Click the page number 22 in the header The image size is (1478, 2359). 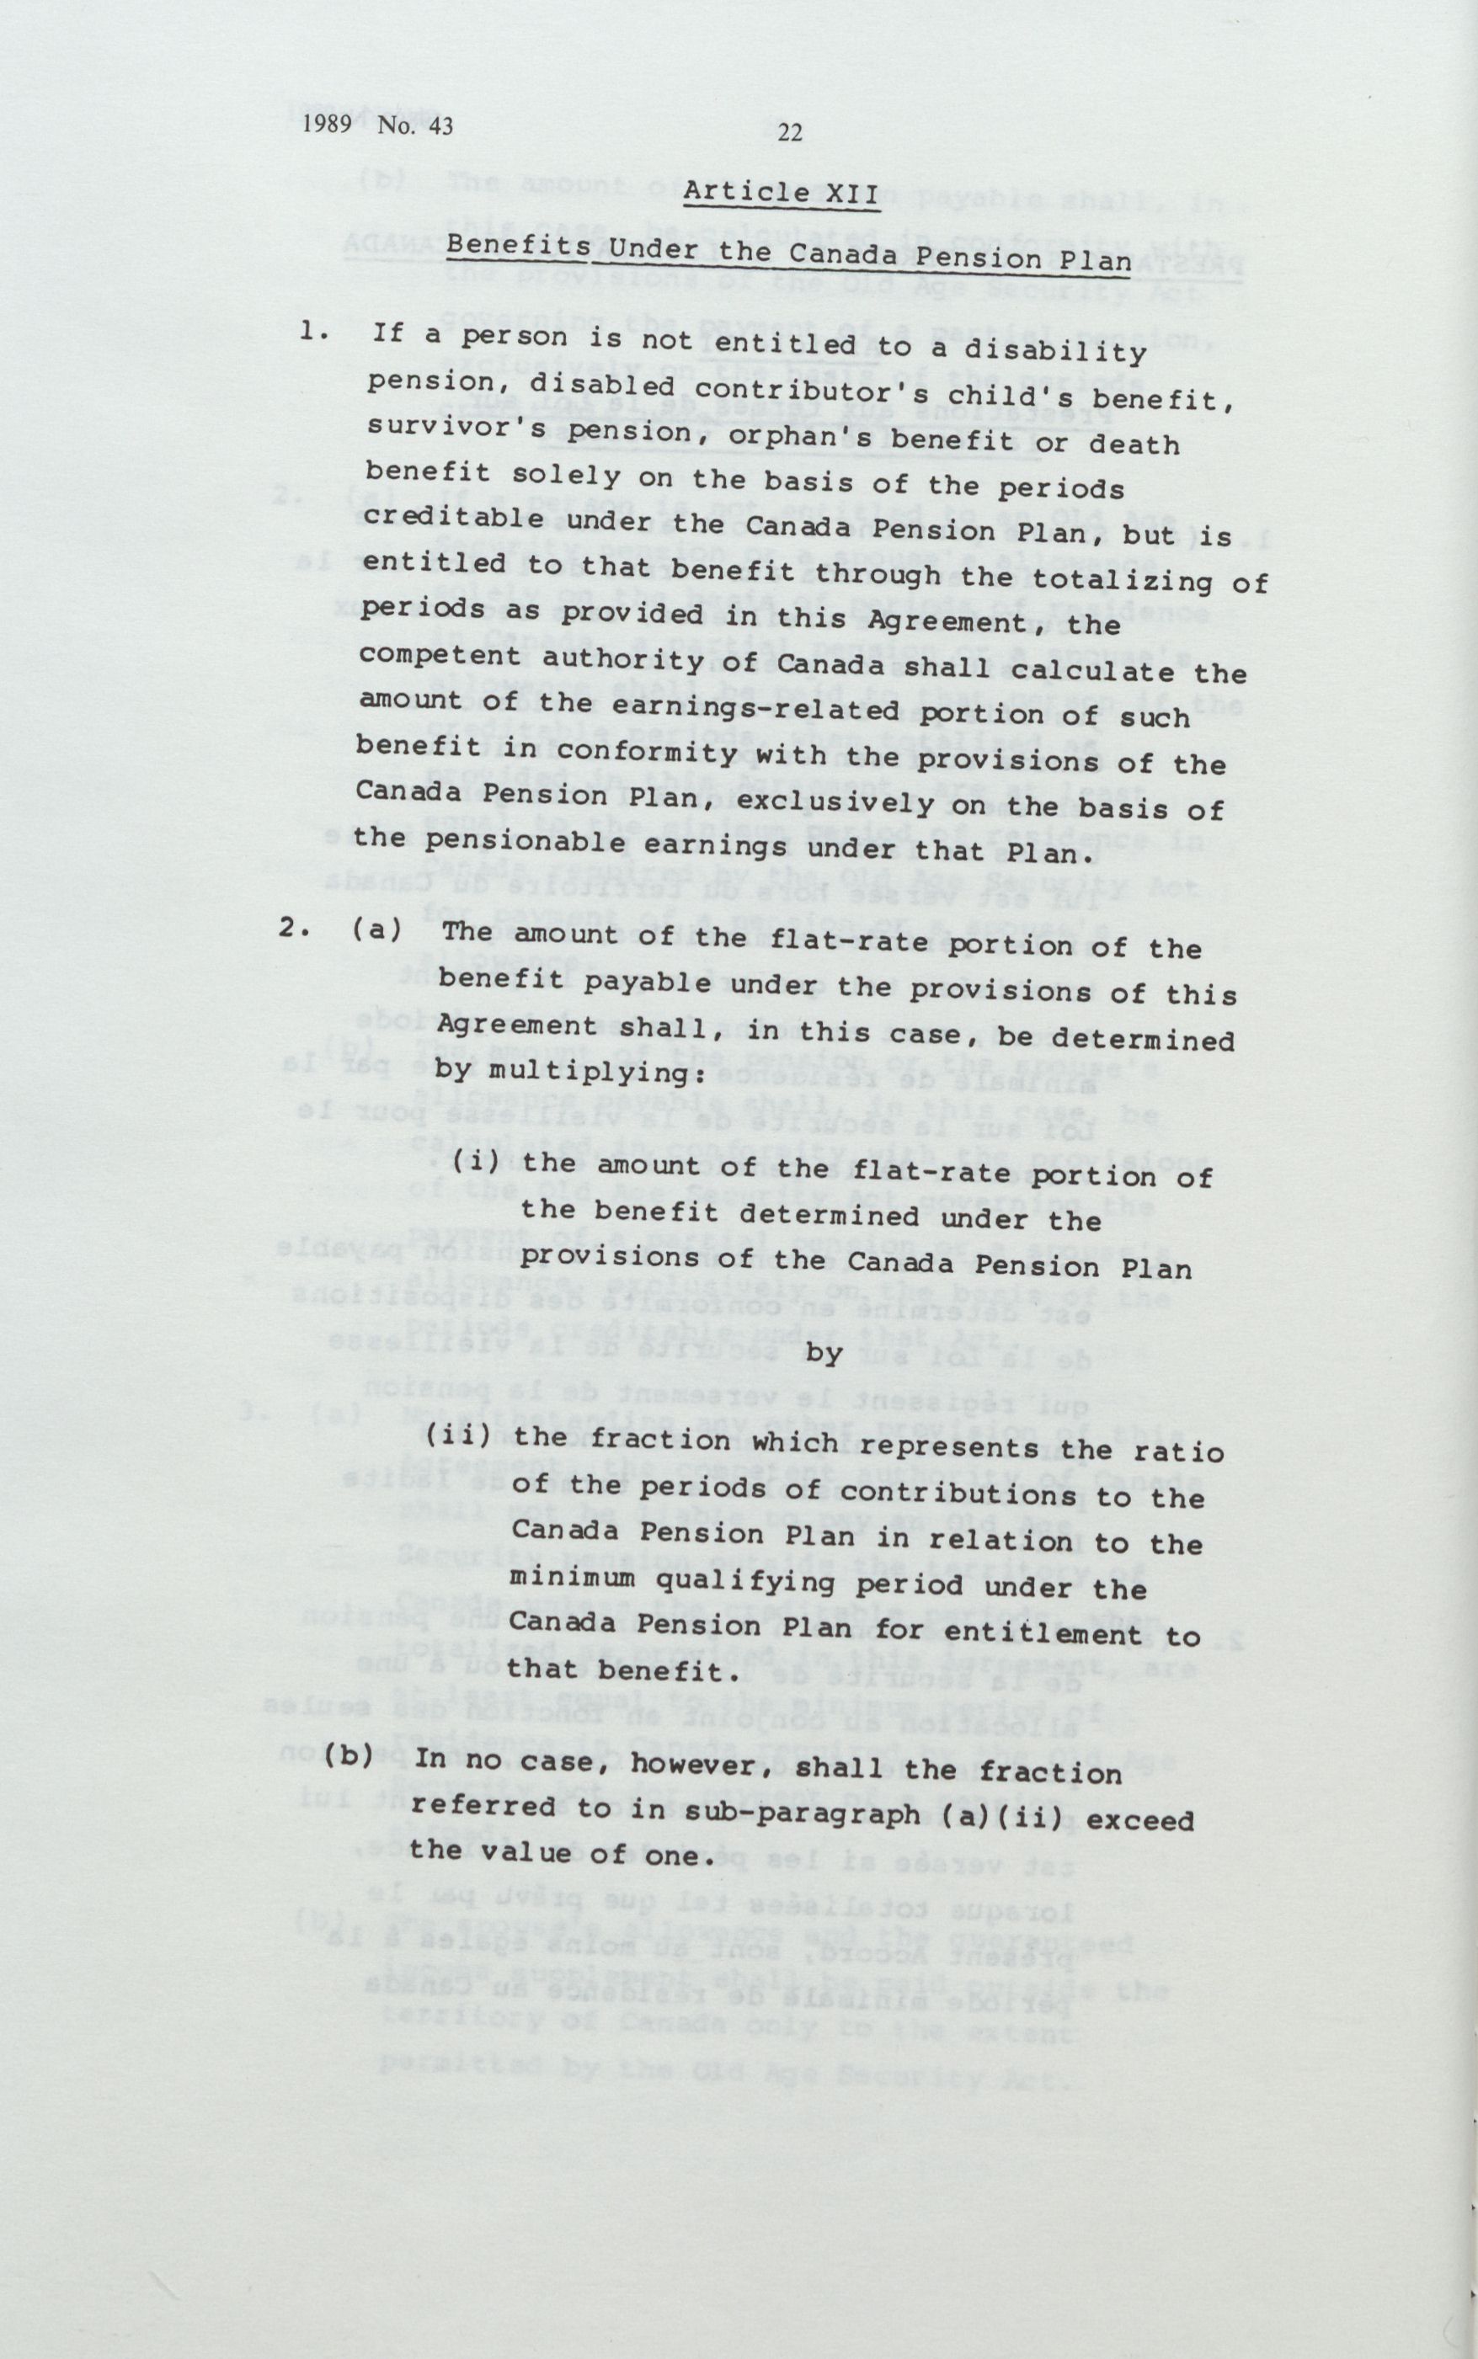tap(790, 134)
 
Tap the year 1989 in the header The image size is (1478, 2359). tap(327, 125)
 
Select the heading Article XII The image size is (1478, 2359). tap(782, 193)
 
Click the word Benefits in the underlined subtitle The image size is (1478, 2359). tap(518, 242)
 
